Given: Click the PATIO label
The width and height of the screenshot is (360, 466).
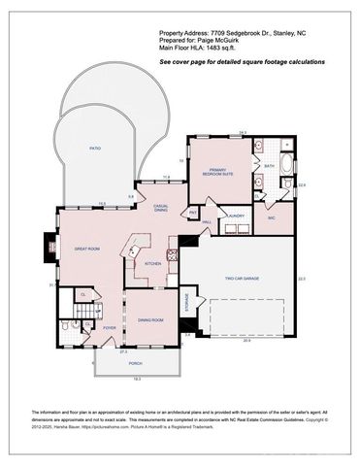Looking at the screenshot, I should pos(95,150).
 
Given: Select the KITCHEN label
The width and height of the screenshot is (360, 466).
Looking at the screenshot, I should pos(153,263).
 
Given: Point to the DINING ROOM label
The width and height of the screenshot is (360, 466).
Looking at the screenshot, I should pos(149,319).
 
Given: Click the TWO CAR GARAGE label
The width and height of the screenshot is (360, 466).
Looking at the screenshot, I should pos(243,279).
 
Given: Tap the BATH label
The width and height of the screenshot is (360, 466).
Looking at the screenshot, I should pos(269,166).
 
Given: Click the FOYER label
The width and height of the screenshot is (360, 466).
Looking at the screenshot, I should pos(110,328).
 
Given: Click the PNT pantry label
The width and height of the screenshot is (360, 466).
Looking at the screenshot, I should pos(193,211).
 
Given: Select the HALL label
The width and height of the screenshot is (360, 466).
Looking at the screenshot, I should pos(207,221).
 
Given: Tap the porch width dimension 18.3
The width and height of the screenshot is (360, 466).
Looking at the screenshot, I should pos(137,379).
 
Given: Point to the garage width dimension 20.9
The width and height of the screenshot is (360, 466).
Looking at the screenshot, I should pos(246,341).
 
